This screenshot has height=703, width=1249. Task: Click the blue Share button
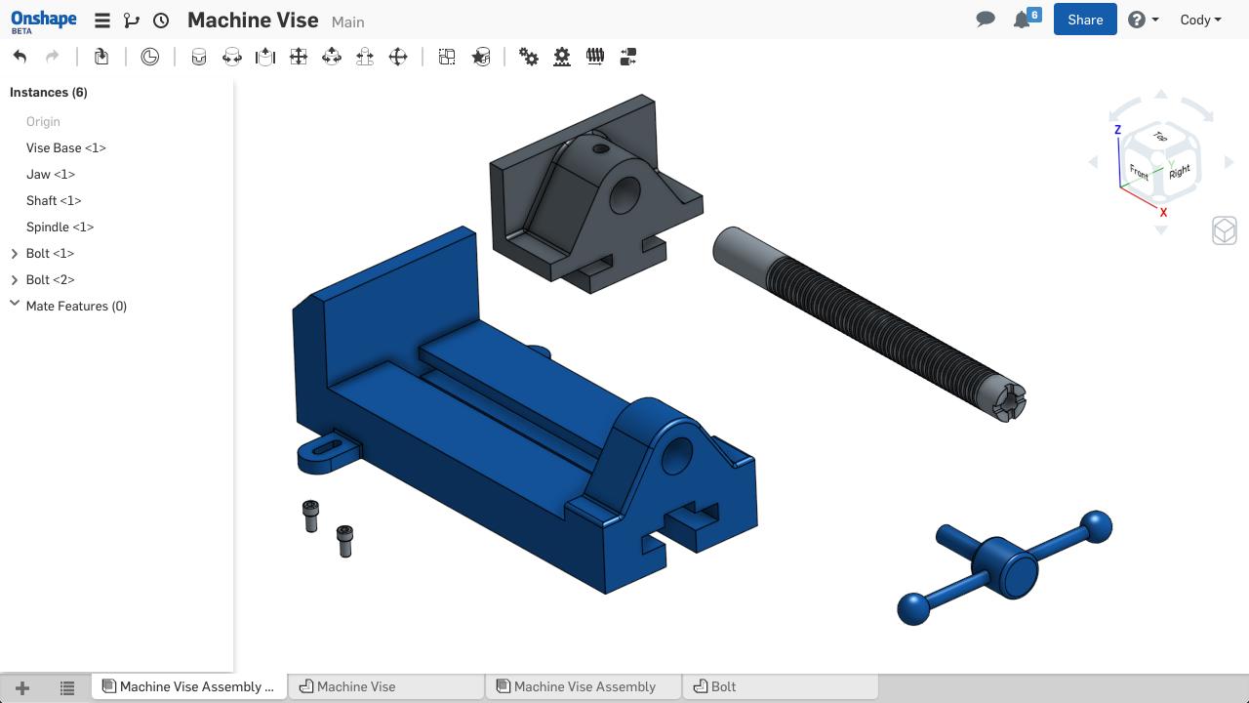[1084, 20]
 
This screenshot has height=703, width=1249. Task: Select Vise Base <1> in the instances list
[65, 147]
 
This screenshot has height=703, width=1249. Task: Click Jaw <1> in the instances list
[50, 174]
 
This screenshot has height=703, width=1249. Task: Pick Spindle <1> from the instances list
[60, 227]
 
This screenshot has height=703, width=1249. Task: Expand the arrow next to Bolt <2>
[15, 280]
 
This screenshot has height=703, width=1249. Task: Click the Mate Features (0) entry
[76, 307]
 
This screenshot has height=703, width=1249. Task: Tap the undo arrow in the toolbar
[20, 57]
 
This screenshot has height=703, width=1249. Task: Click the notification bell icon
[1022, 21]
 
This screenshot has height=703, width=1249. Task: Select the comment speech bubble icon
[986, 20]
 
